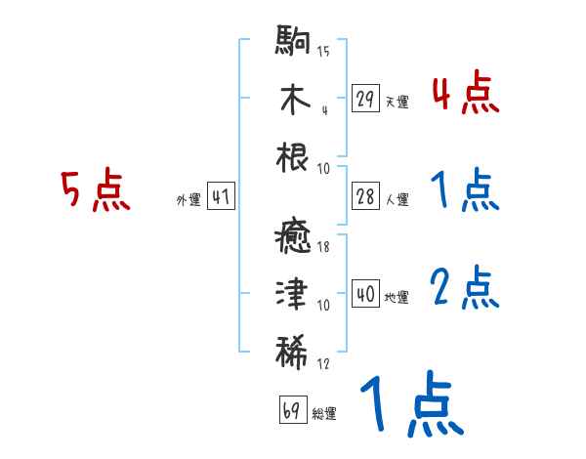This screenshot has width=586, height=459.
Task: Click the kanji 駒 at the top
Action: [293, 42]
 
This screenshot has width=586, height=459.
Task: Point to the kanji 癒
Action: [293, 238]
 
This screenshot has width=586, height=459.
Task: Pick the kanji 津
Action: [293, 294]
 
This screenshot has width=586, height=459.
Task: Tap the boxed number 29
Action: [365, 98]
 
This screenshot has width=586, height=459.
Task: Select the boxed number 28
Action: [365, 196]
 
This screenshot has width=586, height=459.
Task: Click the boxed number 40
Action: [365, 294]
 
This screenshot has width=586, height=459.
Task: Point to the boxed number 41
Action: [221, 196]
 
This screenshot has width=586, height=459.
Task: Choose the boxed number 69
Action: [292, 410]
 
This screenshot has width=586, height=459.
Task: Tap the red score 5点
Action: [96, 189]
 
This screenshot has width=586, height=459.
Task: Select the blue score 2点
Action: [465, 287]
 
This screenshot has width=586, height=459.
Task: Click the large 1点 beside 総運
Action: [409, 406]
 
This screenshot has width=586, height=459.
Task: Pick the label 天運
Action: [397, 102]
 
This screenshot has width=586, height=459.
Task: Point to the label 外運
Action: [188, 200]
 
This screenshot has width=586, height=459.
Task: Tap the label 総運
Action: [324, 414]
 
